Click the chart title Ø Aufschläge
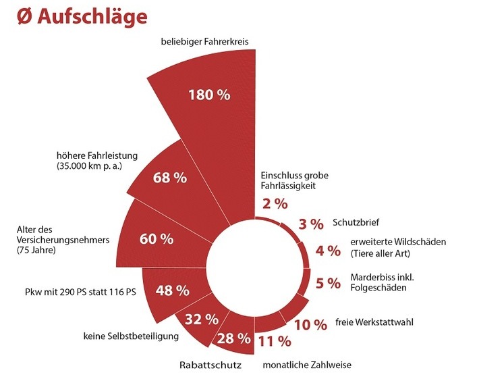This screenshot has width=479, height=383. coord(80,17)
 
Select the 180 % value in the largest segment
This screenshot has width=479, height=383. coord(209,95)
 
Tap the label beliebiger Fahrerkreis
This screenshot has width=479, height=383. coord(205,42)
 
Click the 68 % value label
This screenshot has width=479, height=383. coord(169,178)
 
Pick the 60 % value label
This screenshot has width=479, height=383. coord(156,239)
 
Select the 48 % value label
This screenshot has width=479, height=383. coord(172,291)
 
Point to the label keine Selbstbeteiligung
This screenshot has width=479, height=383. coord(130,335)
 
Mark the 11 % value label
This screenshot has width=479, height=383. coord(273,340)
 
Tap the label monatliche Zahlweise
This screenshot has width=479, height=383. coord(307,365)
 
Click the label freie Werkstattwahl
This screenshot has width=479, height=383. coord(374,322)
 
